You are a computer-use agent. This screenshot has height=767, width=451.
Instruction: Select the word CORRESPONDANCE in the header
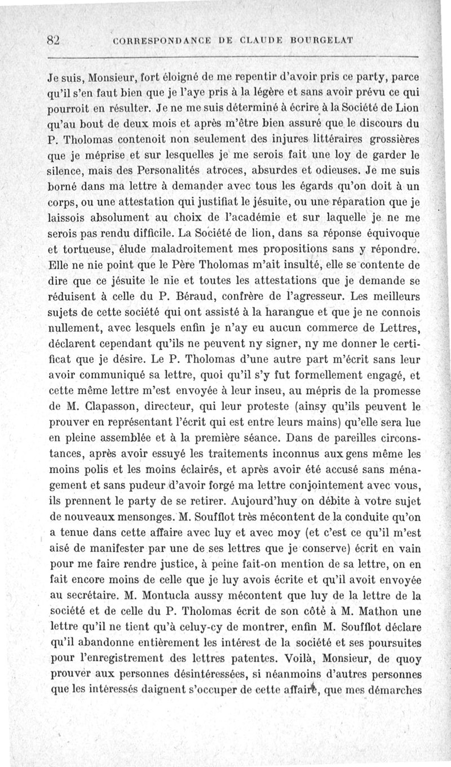tap(154, 41)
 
